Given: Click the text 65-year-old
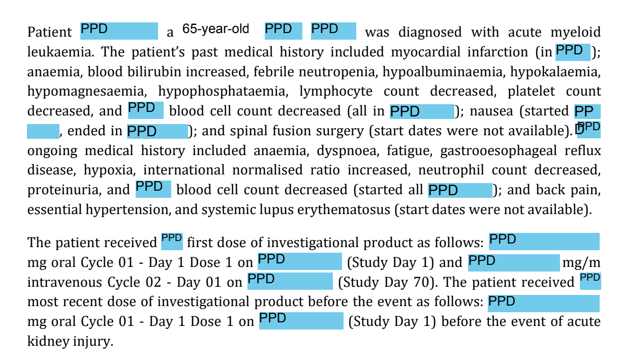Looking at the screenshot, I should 215,29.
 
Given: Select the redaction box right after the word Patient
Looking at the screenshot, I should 119,31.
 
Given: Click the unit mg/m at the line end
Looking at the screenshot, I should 581,263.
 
